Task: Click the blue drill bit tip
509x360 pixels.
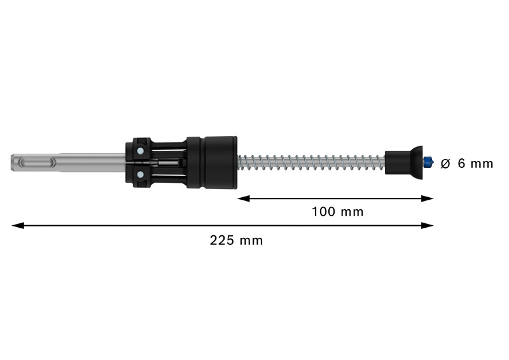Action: [428, 162]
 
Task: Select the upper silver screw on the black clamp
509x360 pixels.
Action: [139, 151]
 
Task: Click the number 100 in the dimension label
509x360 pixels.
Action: [323, 212]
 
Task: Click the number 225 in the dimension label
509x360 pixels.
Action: [221, 240]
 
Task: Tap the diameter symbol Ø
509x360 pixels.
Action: [445, 163]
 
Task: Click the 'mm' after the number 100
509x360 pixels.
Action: [352, 212]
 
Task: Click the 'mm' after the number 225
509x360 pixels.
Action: [251, 240]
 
